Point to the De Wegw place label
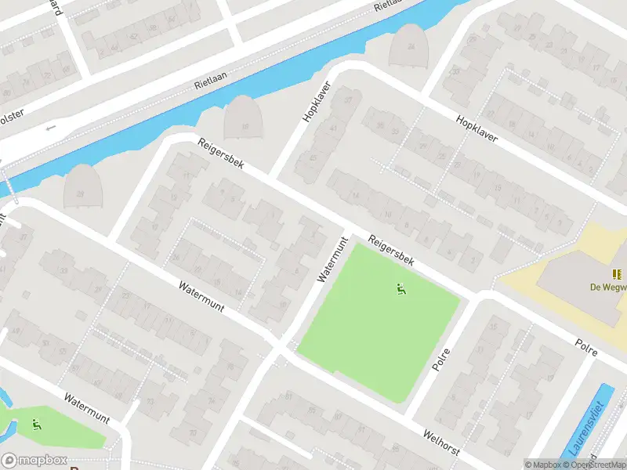(608, 287)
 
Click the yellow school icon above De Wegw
(618, 274)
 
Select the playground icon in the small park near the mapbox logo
(37, 425)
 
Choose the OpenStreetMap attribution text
(596, 465)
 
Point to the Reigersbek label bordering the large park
(391, 250)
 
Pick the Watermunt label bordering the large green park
(332, 261)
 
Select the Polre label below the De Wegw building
(586, 348)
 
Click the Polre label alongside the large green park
(443, 359)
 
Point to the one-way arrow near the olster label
(52, 127)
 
